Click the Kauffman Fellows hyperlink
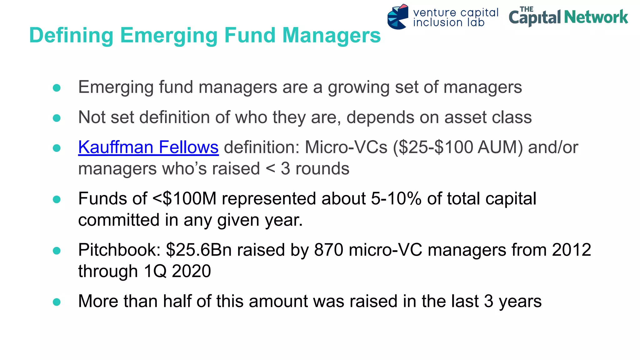(x=148, y=147)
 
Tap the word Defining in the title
(x=71, y=35)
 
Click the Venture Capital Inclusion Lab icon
(x=397, y=17)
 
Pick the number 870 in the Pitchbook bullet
(x=328, y=250)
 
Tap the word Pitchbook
(x=119, y=250)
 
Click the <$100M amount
(x=184, y=199)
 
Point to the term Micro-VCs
(x=346, y=147)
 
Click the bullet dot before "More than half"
(x=57, y=302)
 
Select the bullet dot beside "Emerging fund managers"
(x=57, y=88)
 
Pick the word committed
(x=119, y=220)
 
